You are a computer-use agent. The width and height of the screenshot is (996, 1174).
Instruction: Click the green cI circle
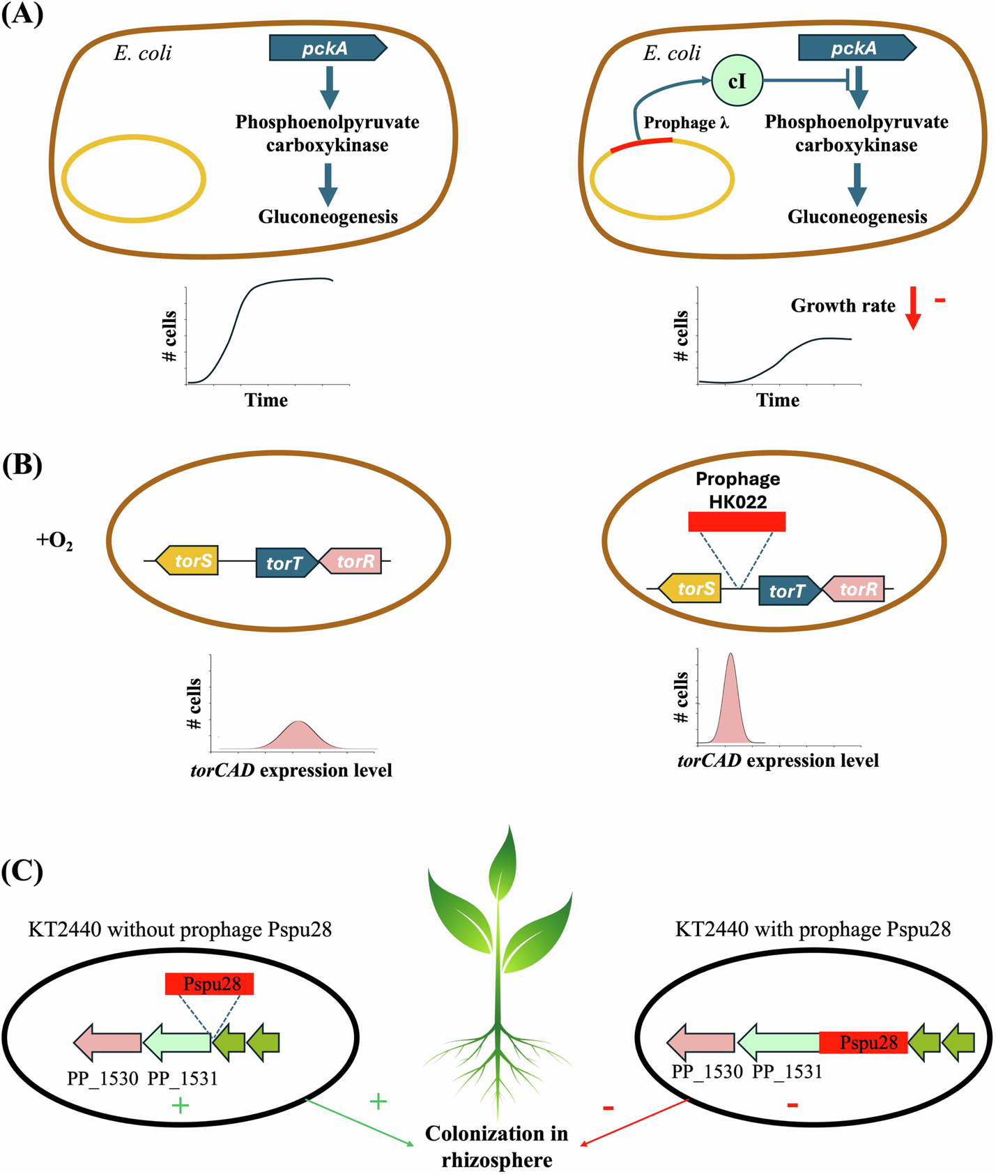pyautogui.click(x=737, y=82)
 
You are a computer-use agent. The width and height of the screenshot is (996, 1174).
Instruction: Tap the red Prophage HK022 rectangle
pyautogui.click(x=737, y=521)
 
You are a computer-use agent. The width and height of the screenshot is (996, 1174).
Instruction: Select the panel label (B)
pyautogui.click(x=22, y=466)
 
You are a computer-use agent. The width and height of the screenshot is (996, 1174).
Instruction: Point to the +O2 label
pyautogui.click(x=54, y=541)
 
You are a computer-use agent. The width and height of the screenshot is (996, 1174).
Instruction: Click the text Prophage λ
pyautogui.click(x=686, y=123)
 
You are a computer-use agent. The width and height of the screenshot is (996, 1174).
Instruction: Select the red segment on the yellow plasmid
pyautogui.click(x=641, y=144)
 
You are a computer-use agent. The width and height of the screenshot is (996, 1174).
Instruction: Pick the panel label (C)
pyautogui.click(x=22, y=871)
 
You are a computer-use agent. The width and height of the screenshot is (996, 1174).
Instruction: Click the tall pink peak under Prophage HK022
pyautogui.click(x=730, y=704)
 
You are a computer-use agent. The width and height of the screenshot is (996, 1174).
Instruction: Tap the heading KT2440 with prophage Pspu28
pyautogui.click(x=813, y=929)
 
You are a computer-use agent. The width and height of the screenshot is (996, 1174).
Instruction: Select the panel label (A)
pyautogui.click(x=22, y=14)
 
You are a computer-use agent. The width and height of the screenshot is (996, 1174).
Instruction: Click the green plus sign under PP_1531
pyautogui.click(x=181, y=1105)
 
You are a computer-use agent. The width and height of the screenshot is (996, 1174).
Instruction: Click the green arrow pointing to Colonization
pyautogui.click(x=360, y=1122)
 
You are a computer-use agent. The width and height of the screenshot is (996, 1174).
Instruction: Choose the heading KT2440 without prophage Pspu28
pyautogui.click(x=180, y=929)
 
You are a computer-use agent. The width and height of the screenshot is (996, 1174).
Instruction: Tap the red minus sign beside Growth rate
pyautogui.click(x=940, y=300)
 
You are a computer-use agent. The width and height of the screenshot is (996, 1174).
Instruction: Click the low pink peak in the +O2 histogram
pyautogui.click(x=298, y=736)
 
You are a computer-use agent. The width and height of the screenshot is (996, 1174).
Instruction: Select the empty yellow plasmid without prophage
pyautogui.click(x=133, y=179)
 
